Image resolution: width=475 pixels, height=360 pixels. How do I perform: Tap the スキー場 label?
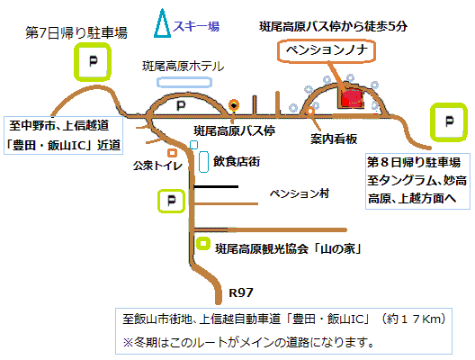point(196,26)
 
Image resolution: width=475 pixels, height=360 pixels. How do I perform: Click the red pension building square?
point(352,98)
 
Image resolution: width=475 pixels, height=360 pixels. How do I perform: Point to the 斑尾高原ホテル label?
point(183,66)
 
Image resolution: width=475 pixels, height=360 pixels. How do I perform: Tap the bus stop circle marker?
point(234,105)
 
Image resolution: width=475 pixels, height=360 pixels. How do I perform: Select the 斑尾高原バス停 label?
point(234,130)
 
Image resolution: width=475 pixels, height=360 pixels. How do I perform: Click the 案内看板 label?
point(334,139)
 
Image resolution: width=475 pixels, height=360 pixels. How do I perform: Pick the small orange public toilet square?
point(173,153)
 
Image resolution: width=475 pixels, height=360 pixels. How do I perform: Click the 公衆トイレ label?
point(157,166)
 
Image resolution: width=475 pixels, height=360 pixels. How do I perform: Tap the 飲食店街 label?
point(237,161)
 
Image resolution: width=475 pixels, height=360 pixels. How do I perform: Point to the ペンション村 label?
point(300,193)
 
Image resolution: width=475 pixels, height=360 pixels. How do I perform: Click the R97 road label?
point(241,292)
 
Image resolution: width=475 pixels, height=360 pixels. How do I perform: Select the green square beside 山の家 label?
point(203,243)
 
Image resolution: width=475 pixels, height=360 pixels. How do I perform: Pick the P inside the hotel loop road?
point(181,105)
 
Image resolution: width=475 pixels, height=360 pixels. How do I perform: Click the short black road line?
point(216,186)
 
